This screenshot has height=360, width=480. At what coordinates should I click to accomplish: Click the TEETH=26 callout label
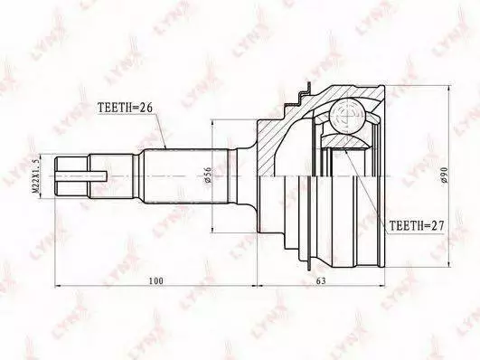126,108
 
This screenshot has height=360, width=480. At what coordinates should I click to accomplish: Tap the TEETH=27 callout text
417,226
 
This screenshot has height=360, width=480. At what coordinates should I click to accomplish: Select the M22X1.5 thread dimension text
35,176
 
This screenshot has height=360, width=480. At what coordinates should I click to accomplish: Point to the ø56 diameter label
208,175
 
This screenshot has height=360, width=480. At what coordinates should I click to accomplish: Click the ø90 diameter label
445,175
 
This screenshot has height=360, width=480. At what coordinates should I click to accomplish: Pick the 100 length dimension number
156,280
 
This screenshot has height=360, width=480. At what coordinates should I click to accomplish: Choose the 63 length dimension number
321,280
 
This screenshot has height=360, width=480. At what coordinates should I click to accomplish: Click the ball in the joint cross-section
348,116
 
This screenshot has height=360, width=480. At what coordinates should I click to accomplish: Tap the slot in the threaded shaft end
81,175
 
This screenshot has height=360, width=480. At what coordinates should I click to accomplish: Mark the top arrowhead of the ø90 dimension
449,89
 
